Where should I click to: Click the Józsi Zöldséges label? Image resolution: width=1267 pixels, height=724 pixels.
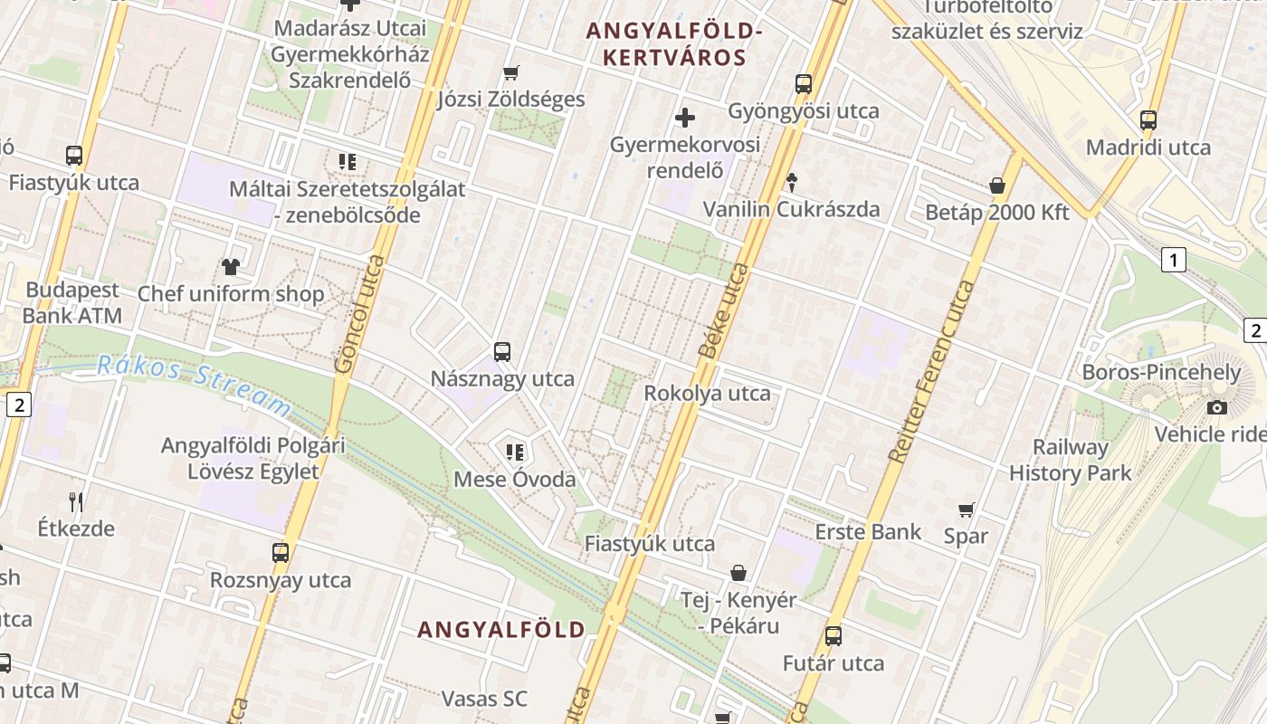[511, 99]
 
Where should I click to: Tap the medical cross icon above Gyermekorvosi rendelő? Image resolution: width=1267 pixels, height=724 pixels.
[685, 117]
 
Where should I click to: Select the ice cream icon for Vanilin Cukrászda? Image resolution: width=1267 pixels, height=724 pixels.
[792, 182]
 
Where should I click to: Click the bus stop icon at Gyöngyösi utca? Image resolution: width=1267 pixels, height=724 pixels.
[804, 84]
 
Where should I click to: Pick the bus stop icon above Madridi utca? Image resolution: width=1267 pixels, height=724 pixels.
[1148, 119]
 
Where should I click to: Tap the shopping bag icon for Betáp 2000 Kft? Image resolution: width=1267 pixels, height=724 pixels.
[997, 186]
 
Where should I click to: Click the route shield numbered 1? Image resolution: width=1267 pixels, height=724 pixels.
[1174, 261]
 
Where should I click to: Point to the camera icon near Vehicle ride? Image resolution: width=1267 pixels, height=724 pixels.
[1217, 407]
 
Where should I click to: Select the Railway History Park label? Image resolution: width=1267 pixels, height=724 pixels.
[1071, 460]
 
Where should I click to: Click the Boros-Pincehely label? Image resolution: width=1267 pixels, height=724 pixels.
[1149, 372]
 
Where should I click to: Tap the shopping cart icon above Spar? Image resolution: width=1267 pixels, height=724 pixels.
[967, 510]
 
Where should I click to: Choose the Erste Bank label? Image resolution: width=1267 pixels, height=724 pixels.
[868, 531]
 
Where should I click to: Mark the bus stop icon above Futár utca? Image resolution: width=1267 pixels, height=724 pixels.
[834, 636]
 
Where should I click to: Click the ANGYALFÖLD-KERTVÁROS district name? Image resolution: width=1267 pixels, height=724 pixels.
[673, 44]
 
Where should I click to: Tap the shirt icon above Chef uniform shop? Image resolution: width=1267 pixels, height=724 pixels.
[231, 267]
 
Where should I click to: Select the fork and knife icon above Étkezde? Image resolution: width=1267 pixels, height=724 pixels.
[76, 501]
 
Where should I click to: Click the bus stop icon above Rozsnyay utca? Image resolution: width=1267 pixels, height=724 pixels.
[281, 552]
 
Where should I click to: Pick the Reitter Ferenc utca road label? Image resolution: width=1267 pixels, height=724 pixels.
[931, 371]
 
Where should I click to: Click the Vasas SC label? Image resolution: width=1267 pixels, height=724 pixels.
[484, 699]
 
